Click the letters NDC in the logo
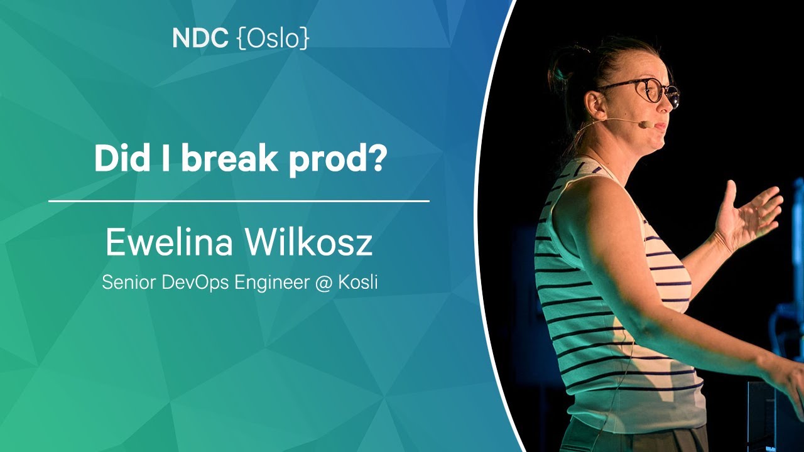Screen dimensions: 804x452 tap(200, 38)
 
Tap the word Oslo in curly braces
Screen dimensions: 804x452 tap(273, 38)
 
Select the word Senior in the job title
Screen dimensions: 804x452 tap(129, 282)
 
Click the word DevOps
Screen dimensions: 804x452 tap(195, 283)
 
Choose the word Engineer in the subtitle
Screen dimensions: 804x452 tap(272, 283)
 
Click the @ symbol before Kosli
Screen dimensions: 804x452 tap(323, 283)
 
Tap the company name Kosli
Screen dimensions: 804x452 tap(358, 282)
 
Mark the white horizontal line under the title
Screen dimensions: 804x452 tap(239, 202)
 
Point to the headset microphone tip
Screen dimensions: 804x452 tap(645, 124)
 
